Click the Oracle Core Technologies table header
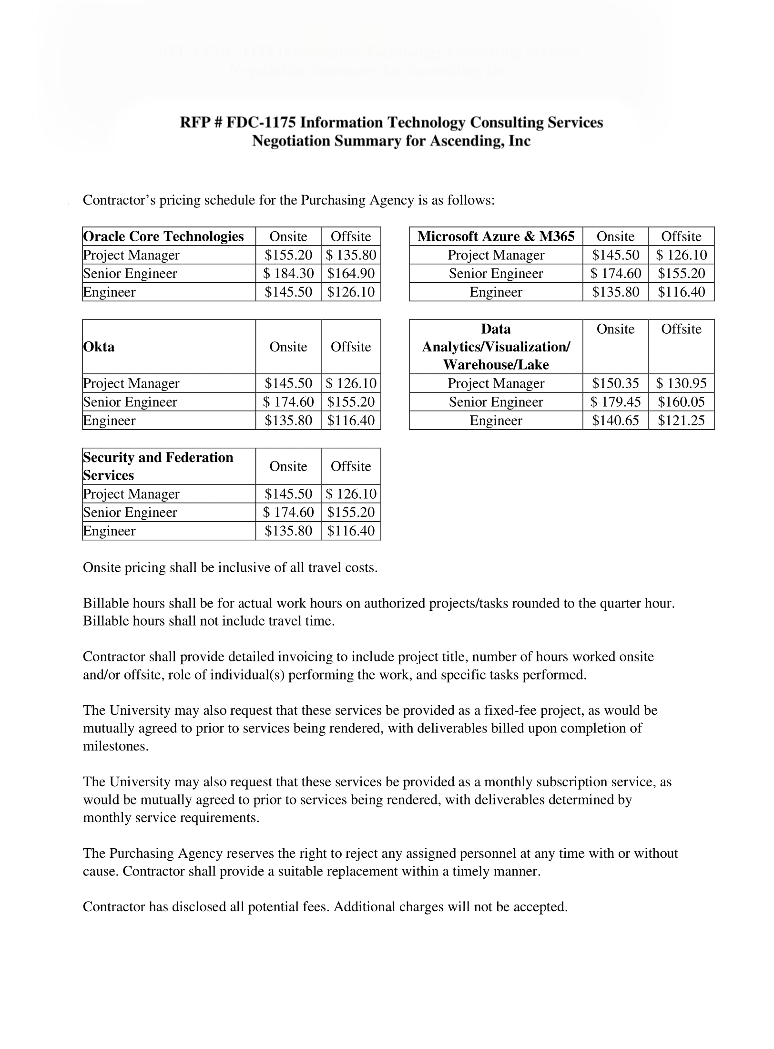(163, 237)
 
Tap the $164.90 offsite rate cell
(351, 273)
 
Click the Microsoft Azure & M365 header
(496, 237)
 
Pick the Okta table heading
(99, 347)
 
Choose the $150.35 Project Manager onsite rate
(615, 383)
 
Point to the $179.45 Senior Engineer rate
(615, 402)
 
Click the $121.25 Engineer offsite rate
(681, 421)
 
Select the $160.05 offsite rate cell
(681, 402)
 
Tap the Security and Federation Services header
(158, 466)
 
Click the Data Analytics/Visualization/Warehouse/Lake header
(496, 347)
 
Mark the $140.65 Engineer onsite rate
(615, 421)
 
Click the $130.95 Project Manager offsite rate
(681, 383)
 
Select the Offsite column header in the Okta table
(351, 347)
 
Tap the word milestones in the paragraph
(115, 746)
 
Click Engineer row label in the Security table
(109, 531)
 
